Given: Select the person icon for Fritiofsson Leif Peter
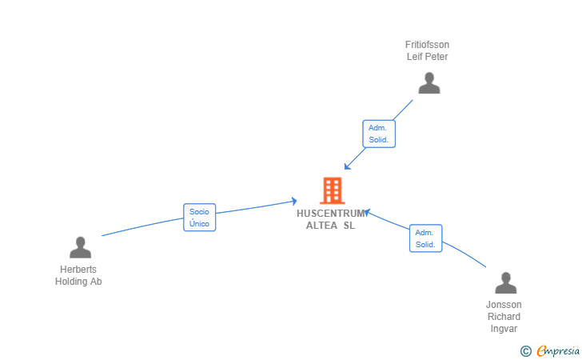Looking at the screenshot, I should pos(429,83).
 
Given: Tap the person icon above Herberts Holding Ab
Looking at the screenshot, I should pos(80,247).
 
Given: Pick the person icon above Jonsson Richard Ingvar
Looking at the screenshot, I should pos(505,283).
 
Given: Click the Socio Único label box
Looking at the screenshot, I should pos(199,218).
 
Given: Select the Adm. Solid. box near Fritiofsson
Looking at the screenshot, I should pos(378,134).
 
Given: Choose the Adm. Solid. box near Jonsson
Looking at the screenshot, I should pos(425,238).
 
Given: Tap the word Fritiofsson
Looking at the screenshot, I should pos(427,45).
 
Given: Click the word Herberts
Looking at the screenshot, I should pos(78,270).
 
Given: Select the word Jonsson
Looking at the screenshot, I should pos(504,305).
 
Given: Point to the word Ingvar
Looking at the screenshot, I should pos(504,329).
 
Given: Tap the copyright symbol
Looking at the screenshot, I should pos(525,350).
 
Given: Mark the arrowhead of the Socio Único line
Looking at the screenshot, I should pos(294,201).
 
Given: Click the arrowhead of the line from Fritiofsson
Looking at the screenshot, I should pos(347,166).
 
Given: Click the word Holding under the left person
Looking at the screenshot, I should pos(70,282).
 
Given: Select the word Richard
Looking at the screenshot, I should pos(504,317).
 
